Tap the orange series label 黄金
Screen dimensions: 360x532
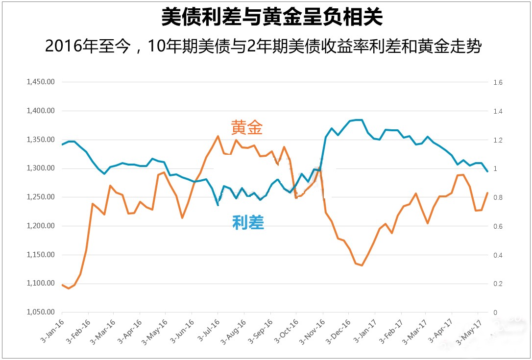tap(247, 128)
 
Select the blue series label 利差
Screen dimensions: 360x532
tap(248, 223)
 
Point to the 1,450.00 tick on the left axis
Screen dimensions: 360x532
tap(41, 82)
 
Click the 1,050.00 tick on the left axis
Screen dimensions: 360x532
tap(41, 312)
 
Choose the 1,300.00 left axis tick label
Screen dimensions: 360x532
tap(41, 168)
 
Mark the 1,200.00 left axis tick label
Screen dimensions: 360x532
tap(41, 226)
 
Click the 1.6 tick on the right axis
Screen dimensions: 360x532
tap(498, 82)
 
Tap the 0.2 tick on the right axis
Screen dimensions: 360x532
tap(498, 284)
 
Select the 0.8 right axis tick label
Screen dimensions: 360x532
tap(498, 197)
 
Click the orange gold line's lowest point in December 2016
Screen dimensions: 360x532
tap(362, 265)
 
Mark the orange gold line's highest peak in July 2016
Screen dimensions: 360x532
tap(218, 136)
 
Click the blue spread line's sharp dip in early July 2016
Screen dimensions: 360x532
tap(218, 205)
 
